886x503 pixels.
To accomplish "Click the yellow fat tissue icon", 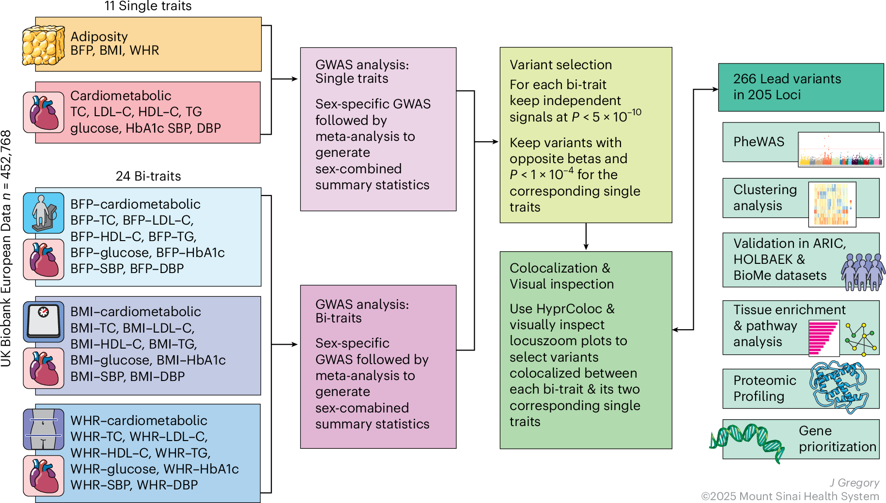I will [44, 46].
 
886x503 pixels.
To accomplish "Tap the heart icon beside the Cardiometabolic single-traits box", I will [44, 112].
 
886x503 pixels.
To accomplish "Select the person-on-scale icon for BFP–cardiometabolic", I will [44, 213].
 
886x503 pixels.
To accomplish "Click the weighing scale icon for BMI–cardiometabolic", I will [44, 321].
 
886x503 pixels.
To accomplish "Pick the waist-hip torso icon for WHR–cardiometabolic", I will [44, 429].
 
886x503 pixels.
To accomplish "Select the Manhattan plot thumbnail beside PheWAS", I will [840, 150].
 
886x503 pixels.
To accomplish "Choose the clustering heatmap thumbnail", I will [832, 204].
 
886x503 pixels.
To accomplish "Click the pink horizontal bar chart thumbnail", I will [824, 338].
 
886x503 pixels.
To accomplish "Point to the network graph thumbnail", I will [861, 339].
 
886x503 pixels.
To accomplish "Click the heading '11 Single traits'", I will [148, 6].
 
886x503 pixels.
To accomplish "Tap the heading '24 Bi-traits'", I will [148, 176].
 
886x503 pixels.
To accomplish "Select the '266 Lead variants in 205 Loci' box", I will [801, 87].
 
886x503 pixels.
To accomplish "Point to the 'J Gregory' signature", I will [854, 483].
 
